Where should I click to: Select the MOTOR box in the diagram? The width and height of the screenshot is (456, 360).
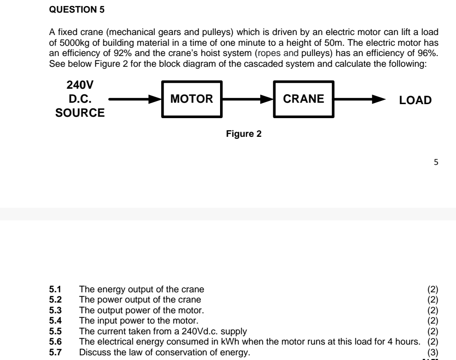pos(192,99)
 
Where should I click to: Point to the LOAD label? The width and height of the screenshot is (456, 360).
pos(415,100)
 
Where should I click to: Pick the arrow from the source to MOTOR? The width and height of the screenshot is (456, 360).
pos(135,99)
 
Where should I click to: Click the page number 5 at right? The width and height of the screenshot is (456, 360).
pos(436,163)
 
